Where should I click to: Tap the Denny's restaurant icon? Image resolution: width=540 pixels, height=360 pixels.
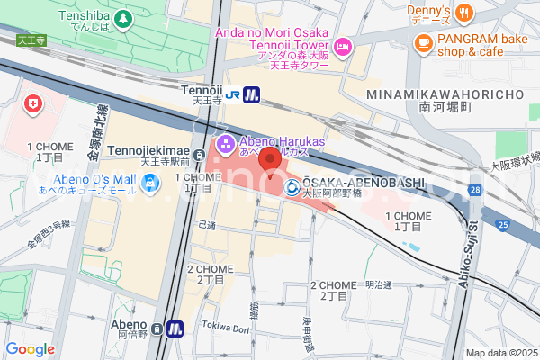[464, 12]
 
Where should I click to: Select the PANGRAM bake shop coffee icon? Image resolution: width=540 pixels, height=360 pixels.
[423, 41]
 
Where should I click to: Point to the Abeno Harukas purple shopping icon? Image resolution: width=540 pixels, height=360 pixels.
[224, 141]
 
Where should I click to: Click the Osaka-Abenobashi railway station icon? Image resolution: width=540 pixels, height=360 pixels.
[292, 187]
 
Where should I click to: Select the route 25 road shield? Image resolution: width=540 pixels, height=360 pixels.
[501, 224]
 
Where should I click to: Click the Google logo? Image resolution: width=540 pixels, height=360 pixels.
[30, 349]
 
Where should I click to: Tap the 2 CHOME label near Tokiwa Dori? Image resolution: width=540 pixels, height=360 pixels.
[209, 274]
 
